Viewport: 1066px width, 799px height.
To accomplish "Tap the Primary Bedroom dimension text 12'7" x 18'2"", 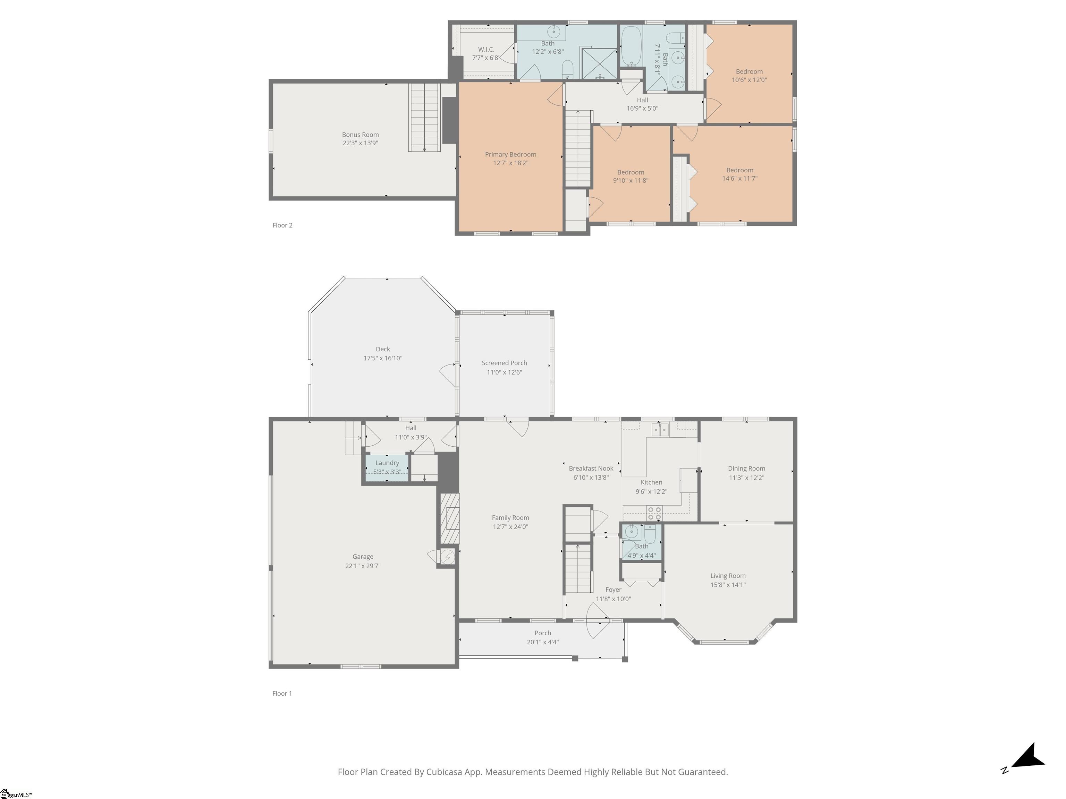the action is tap(510, 163).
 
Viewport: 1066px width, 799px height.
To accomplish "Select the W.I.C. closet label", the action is tap(486, 50).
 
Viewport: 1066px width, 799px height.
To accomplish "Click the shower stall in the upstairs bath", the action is tap(599, 63).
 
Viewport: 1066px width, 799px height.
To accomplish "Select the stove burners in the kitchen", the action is tap(654, 513).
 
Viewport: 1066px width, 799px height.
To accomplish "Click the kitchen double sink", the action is tap(660, 429).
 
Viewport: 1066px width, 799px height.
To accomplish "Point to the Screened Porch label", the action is tap(504, 363).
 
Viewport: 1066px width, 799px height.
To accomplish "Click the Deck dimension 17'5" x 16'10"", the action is tap(383, 358).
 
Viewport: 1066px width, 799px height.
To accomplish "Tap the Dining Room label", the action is tap(746, 469).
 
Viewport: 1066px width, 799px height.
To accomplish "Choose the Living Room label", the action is tap(728, 576).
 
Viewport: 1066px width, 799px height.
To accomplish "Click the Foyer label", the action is tap(614, 590).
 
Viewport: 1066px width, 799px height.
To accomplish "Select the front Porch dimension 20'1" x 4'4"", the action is tap(543, 642).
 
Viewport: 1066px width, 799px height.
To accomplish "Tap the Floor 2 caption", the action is tap(282, 225).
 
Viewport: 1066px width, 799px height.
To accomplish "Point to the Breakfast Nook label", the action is tap(591, 469).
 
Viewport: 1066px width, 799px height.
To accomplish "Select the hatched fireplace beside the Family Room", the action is tap(448, 519).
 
